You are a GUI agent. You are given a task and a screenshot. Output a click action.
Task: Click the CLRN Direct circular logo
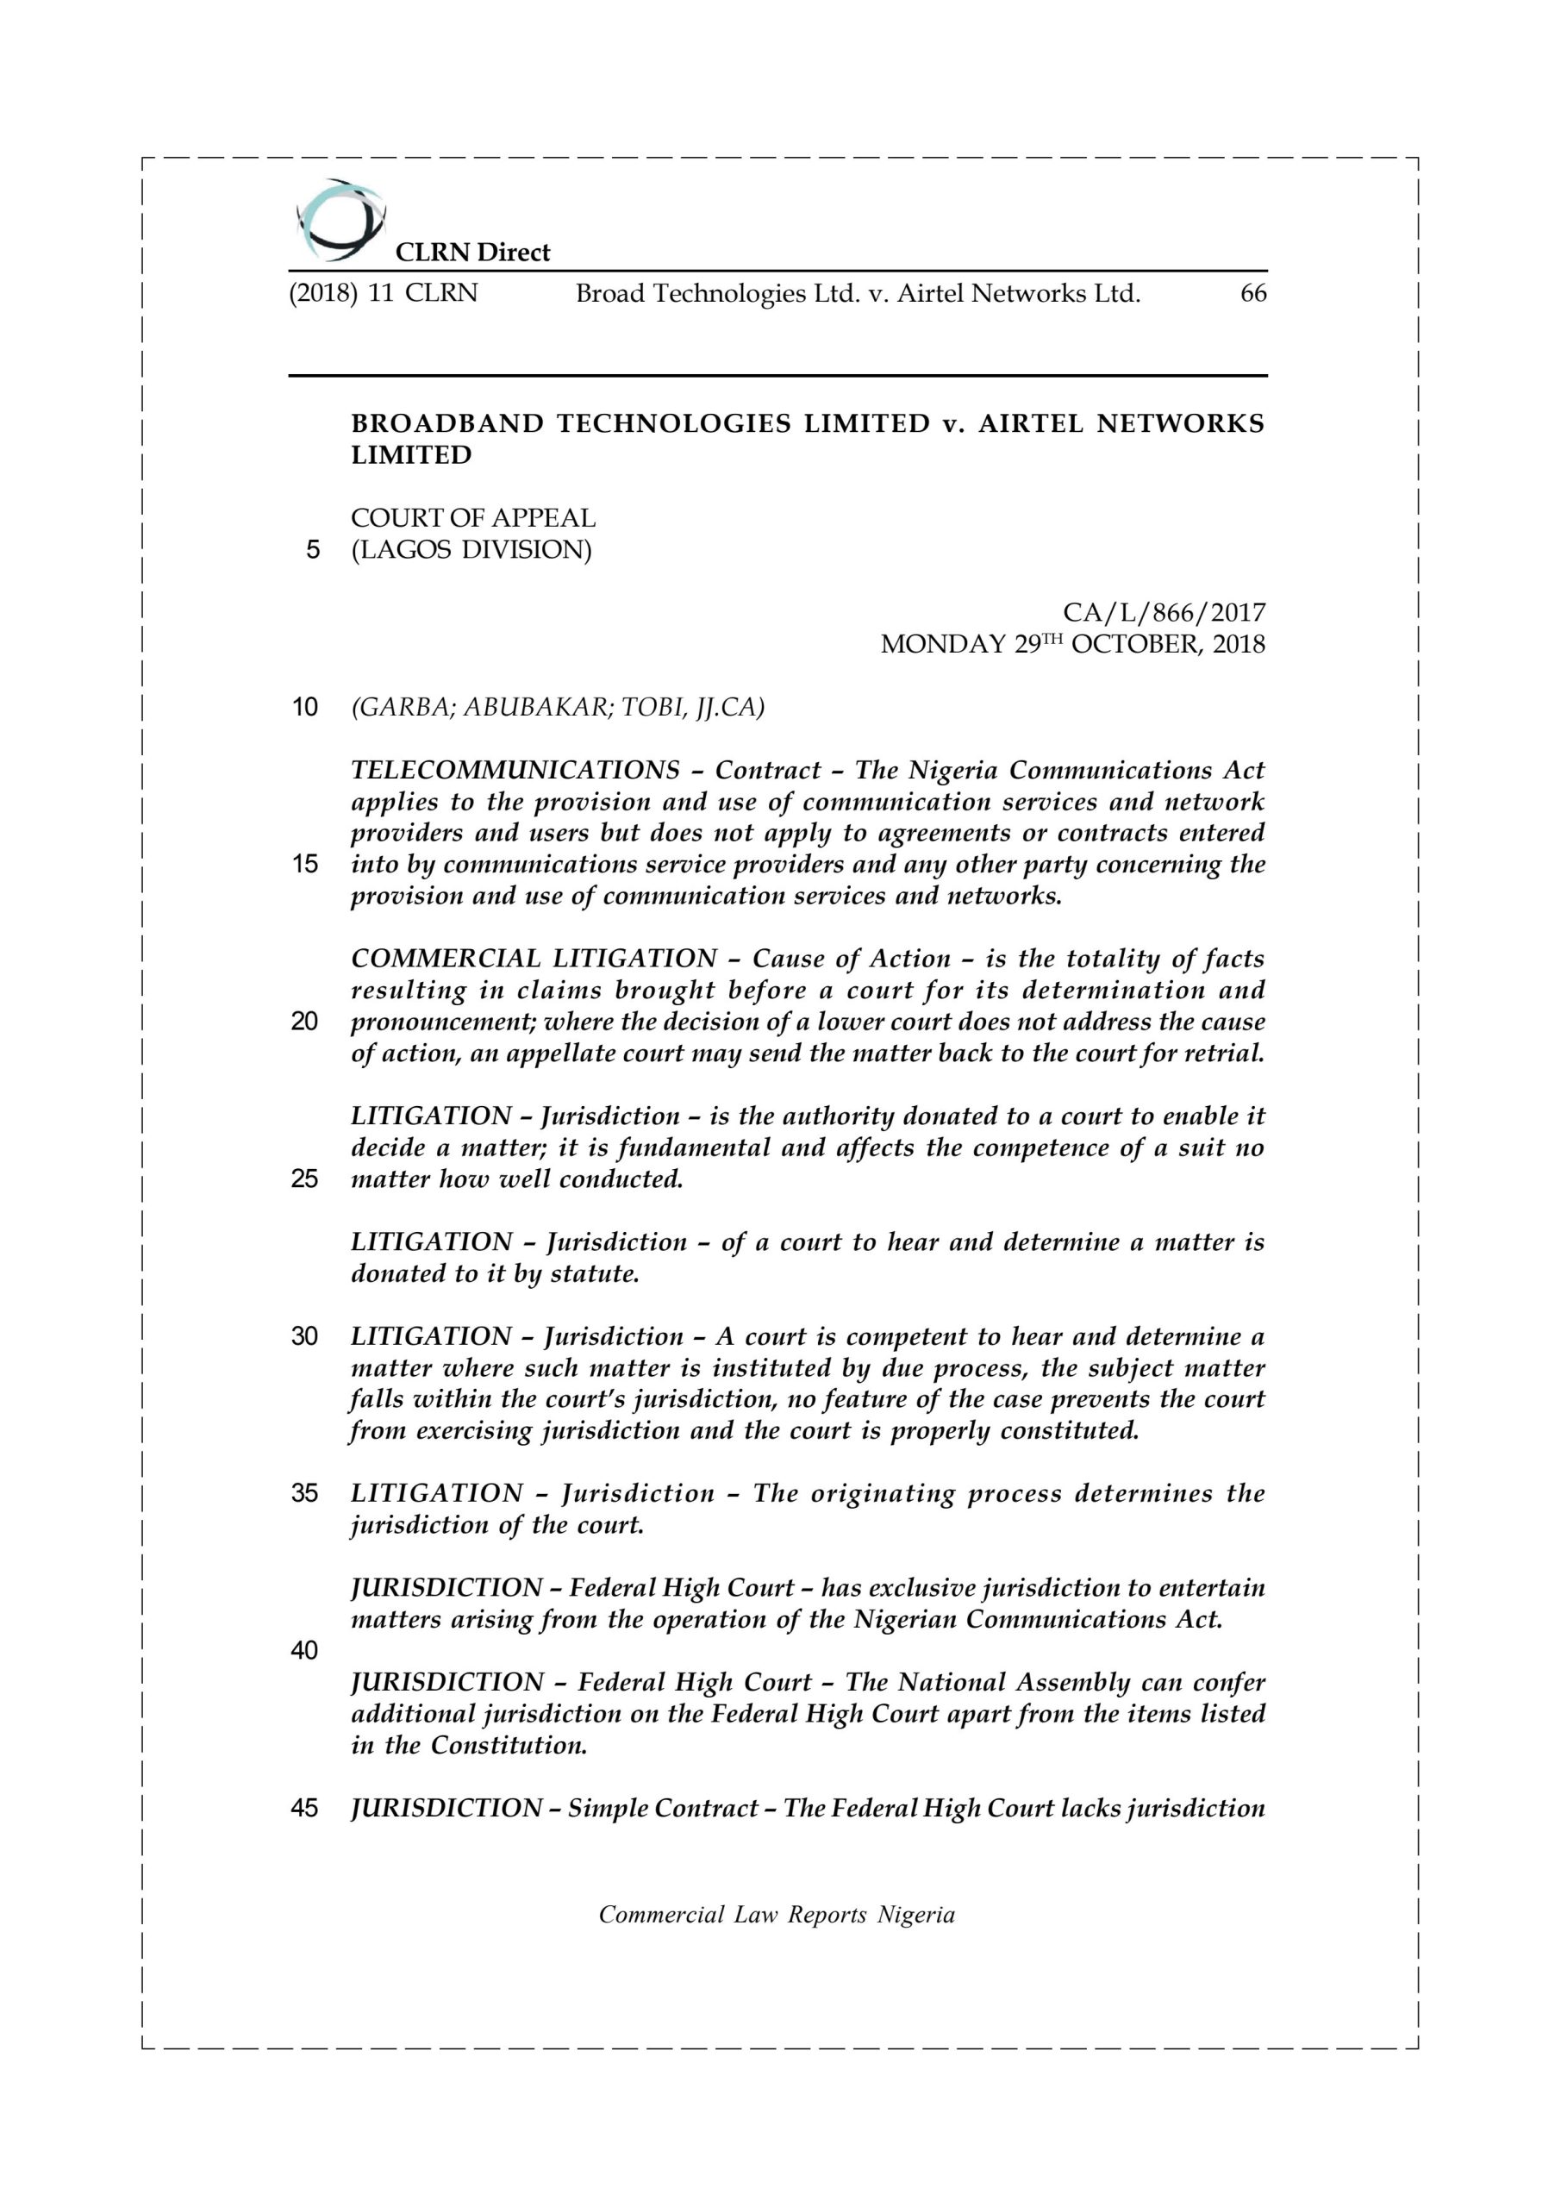click(340, 220)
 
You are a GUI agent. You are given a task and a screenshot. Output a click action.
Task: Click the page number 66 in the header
click(1252, 293)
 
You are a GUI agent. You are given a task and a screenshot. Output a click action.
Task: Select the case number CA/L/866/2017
click(1163, 612)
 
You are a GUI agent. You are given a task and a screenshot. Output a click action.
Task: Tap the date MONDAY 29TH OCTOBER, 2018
click(1073, 644)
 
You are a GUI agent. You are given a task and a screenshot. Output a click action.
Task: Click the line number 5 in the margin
click(312, 551)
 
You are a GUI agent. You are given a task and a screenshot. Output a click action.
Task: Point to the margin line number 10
click(305, 708)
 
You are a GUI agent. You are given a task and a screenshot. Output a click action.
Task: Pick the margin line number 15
click(305, 864)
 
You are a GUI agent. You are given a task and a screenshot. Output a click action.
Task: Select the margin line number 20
click(305, 1021)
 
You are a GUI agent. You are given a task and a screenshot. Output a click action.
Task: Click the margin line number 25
click(305, 1179)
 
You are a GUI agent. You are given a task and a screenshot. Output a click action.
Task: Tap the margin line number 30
click(305, 1336)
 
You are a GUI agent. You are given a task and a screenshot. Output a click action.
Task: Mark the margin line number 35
click(305, 1493)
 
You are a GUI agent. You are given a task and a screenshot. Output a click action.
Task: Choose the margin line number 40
click(305, 1650)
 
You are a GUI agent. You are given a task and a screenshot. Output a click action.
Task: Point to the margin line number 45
click(305, 1808)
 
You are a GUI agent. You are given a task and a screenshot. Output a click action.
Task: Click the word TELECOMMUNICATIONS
click(515, 771)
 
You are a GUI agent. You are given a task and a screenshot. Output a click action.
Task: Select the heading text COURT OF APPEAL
click(473, 518)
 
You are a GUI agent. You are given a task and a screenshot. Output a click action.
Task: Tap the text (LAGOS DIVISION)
click(471, 550)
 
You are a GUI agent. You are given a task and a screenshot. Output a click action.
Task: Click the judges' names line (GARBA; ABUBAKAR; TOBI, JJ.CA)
click(558, 708)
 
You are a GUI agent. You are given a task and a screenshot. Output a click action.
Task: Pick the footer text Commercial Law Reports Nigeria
click(777, 1915)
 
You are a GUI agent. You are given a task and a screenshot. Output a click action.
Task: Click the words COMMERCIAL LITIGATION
click(534, 959)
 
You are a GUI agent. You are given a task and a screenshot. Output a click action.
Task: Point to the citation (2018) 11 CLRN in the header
click(384, 293)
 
